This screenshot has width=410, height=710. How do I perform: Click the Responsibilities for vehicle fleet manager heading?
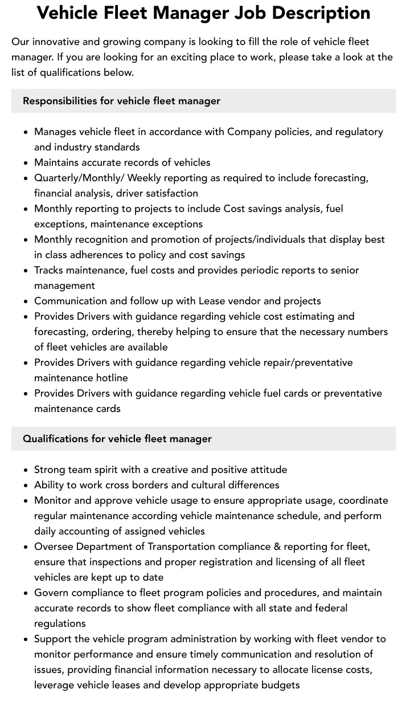[x=121, y=101]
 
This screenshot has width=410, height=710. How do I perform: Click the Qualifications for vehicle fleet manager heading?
[x=117, y=439]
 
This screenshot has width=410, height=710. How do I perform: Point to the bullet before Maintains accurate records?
[x=26, y=163]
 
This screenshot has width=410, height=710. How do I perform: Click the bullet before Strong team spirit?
[x=26, y=470]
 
